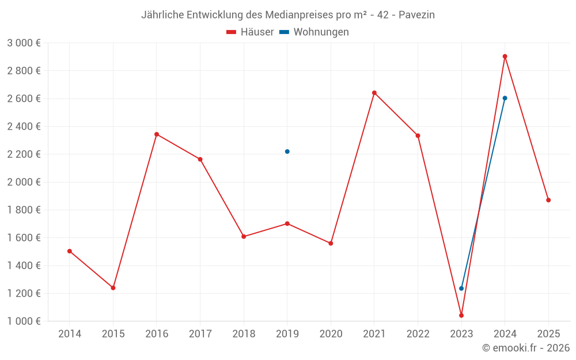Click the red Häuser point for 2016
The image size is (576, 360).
(x=157, y=134)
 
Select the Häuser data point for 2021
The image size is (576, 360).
(x=374, y=93)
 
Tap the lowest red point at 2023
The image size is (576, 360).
(x=461, y=315)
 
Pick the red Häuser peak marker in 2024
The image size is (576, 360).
(x=505, y=56)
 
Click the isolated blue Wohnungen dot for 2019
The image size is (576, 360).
(x=287, y=151)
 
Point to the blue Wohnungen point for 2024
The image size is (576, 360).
(x=505, y=98)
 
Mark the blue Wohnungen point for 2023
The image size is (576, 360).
(x=461, y=288)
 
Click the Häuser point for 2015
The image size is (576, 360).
(x=113, y=287)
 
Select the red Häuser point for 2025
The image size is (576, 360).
(x=548, y=200)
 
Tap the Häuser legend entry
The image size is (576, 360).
(x=250, y=32)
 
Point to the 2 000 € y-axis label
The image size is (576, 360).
(x=24, y=182)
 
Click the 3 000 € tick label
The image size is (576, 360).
(x=24, y=43)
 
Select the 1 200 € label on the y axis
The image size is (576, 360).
(x=24, y=293)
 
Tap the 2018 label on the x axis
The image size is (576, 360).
(x=244, y=334)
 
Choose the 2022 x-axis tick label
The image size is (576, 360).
(x=418, y=334)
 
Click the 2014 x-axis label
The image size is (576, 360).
(x=70, y=334)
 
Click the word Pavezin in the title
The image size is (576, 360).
(x=417, y=15)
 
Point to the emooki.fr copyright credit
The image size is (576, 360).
(x=526, y=348)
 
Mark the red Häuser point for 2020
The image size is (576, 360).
(x=331, y=243)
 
